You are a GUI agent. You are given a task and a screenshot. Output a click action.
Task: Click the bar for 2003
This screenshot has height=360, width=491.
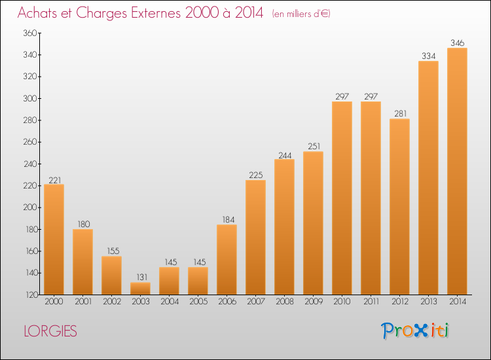pos(140,288)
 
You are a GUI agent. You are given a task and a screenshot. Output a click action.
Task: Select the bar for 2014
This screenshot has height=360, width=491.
pos(457,171)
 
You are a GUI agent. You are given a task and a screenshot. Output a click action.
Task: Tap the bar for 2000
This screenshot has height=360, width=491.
pos(54,239)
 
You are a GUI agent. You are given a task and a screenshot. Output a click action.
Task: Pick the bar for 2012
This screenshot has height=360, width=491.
pos(399,207)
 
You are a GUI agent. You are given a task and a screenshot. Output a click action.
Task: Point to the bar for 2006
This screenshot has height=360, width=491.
pos(227,259)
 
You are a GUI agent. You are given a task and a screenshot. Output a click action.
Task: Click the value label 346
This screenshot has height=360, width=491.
pos(457,43)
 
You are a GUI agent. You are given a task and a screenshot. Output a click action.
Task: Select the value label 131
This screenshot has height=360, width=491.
pos(142,277)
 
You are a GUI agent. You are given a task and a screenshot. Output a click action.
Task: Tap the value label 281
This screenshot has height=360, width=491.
pos(401,113)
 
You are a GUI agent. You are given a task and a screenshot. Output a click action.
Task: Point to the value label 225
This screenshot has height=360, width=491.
pos(256,175)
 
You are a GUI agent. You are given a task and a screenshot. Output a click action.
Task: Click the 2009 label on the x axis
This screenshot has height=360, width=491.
pos(314,301)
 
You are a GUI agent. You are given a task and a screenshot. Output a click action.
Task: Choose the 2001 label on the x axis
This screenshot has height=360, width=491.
pos(83,301)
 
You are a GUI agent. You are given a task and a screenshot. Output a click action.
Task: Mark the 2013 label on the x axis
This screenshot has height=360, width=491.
pos(428,301)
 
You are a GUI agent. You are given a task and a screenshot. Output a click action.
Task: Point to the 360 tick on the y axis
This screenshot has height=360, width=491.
pos(30,33)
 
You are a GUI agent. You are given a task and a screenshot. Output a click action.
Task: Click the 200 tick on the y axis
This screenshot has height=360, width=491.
pos(30,207)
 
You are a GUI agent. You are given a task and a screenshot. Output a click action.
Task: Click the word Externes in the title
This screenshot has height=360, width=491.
pos(156,13)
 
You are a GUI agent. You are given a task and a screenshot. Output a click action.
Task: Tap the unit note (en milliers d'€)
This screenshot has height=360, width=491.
pos(301,14)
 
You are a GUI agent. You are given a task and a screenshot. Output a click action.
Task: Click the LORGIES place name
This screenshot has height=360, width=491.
pos(50,331)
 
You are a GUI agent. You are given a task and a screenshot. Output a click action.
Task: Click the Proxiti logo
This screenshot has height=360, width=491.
pos(415,331)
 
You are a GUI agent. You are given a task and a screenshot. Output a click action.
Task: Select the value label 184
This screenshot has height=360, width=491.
pos(228,220)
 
